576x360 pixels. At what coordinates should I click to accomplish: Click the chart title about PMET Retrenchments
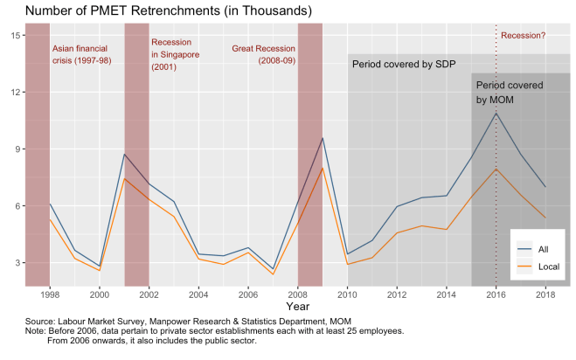click(156, 10)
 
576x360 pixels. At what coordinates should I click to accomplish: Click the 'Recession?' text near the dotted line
click(523, 36)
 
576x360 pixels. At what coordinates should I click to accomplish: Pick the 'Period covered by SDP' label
click(404, 65)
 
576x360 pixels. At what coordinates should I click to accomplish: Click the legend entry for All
click(544, 248)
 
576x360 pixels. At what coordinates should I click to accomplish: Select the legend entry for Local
click(549, 265)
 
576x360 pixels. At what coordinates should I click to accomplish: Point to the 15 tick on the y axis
click(16, 35)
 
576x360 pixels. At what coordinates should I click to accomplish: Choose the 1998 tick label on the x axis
click(49, 295)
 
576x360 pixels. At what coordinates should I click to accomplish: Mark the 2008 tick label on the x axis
click(298, 295)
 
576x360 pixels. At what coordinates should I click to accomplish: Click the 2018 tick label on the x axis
click(546, 295)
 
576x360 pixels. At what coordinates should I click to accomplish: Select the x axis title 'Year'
click(297, 308)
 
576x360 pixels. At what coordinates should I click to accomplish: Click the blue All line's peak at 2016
click(496, 113)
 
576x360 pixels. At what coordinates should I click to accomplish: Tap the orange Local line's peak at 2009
click(323, 168)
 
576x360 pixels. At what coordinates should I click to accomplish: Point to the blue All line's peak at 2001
click(124, 154)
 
